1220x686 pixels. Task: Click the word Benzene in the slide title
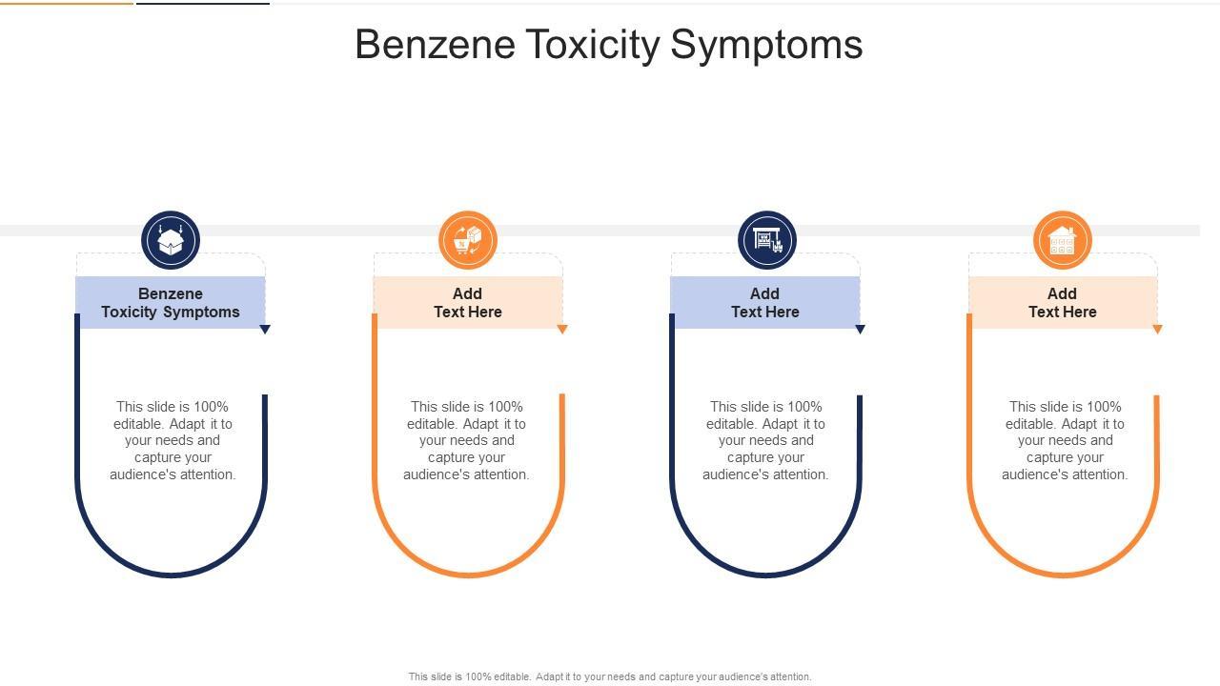pyautogui.click(x=435, y=45)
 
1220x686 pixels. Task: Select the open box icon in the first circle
pyautogui.click(x=171, y=240)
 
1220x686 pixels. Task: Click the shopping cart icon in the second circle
pyautogui.click(x=468, y=240)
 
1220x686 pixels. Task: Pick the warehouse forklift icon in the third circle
pyautogui.click(x=766, y=240)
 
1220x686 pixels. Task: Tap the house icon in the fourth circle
pyautogui.click(x=1062, y=240)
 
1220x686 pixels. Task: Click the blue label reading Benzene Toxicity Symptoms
pyautogui.click(x=171, y=303)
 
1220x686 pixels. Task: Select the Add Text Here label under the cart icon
pyautogui.click(x=468, y=303)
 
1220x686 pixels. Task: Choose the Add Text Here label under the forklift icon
pyautogui.click(x=765, y=303)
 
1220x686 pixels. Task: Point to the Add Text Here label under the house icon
pyautogui.click(x=1063, y=303)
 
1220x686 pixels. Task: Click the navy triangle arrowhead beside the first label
pyautogui.click(x=265, y=330)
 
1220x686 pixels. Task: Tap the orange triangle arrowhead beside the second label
pyautogui.click(x=562, y=330)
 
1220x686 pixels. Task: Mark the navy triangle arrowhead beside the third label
pyautogui.click(x=860, y=330)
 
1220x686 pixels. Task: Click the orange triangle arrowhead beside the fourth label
pyautogui.click(x=1157, y=330)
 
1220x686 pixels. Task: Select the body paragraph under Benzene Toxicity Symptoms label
pyautogui.click(x=173, y=440)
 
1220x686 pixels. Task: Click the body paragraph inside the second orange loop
pyautogui.click(x=466, y=440)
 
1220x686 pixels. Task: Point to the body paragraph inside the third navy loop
pyautogui.click(x=765, y=440)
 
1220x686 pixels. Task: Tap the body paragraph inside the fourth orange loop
pyautogui.click(x=1065, y=440)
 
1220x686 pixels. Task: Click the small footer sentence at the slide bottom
pyautogui.click(x=610, y=676)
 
